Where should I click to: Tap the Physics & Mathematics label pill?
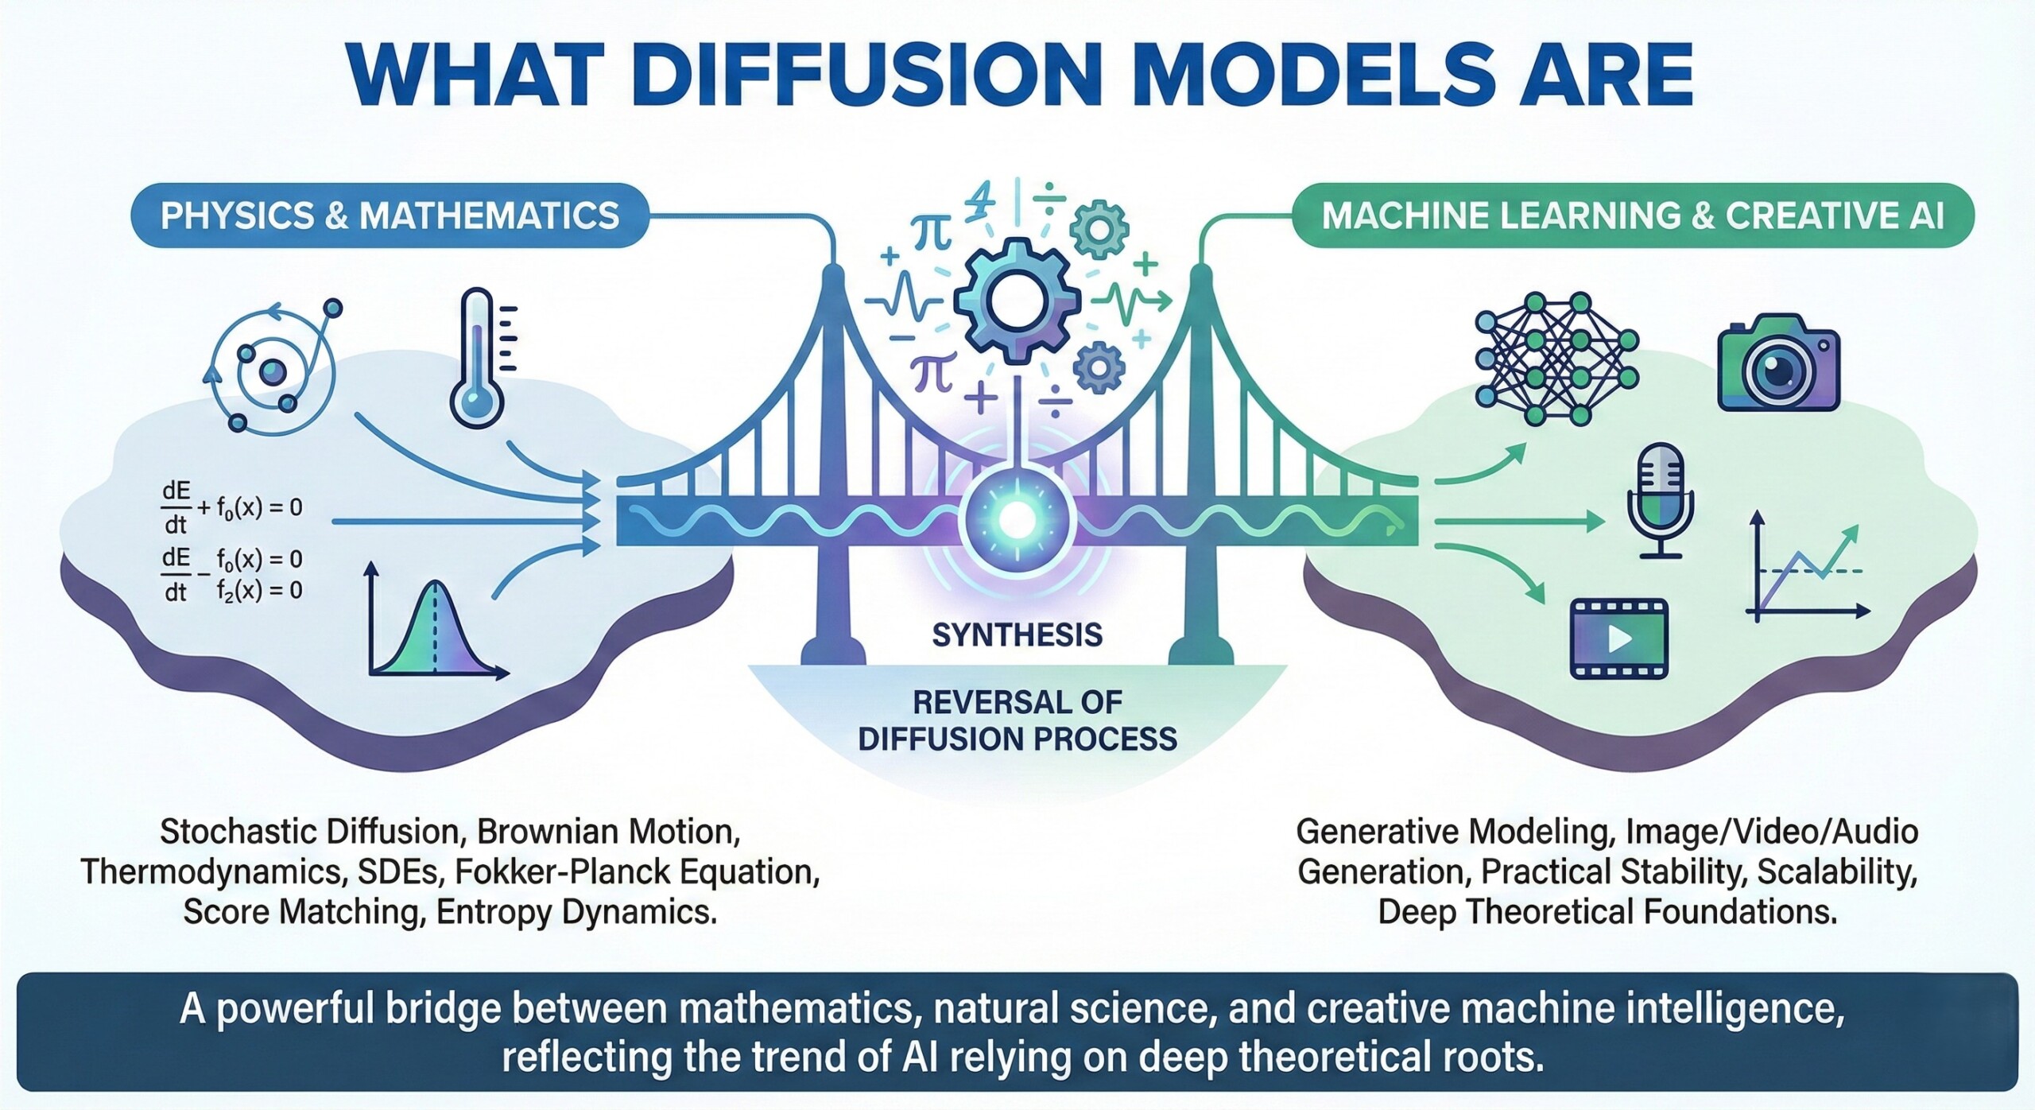coord(390,216)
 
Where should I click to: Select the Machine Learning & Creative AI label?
coord(1633,216)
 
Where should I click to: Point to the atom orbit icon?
coord(273,371)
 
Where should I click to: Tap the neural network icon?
coord(1556,358)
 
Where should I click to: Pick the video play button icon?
coord(1618,638)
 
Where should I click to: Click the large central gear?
coord(1017,302)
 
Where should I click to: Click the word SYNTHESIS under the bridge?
coord(1017,635)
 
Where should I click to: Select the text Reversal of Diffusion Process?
coord(1017,720)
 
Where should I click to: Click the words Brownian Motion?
coord(608,832)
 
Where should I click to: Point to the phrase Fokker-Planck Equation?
coord(637,872)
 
